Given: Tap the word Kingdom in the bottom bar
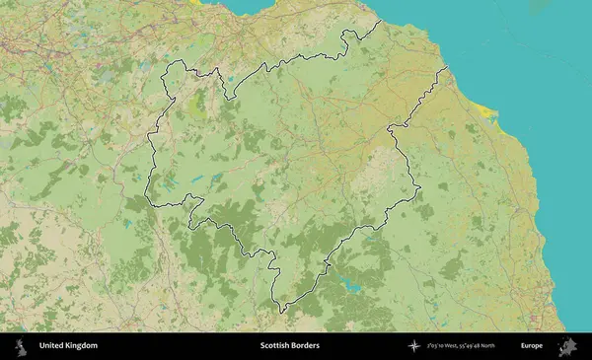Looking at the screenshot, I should (82, 346).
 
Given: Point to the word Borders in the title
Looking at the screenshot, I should (307, 346).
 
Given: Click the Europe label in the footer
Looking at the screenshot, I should (532, 346).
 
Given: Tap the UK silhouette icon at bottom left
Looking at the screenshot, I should (20, 346).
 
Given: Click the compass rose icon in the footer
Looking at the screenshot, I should (415, 346).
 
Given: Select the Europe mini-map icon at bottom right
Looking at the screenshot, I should (567, 346).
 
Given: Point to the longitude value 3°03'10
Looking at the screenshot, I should (440, 346).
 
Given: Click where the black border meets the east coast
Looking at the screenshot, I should (448, 66).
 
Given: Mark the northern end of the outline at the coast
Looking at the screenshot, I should (382, 21).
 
